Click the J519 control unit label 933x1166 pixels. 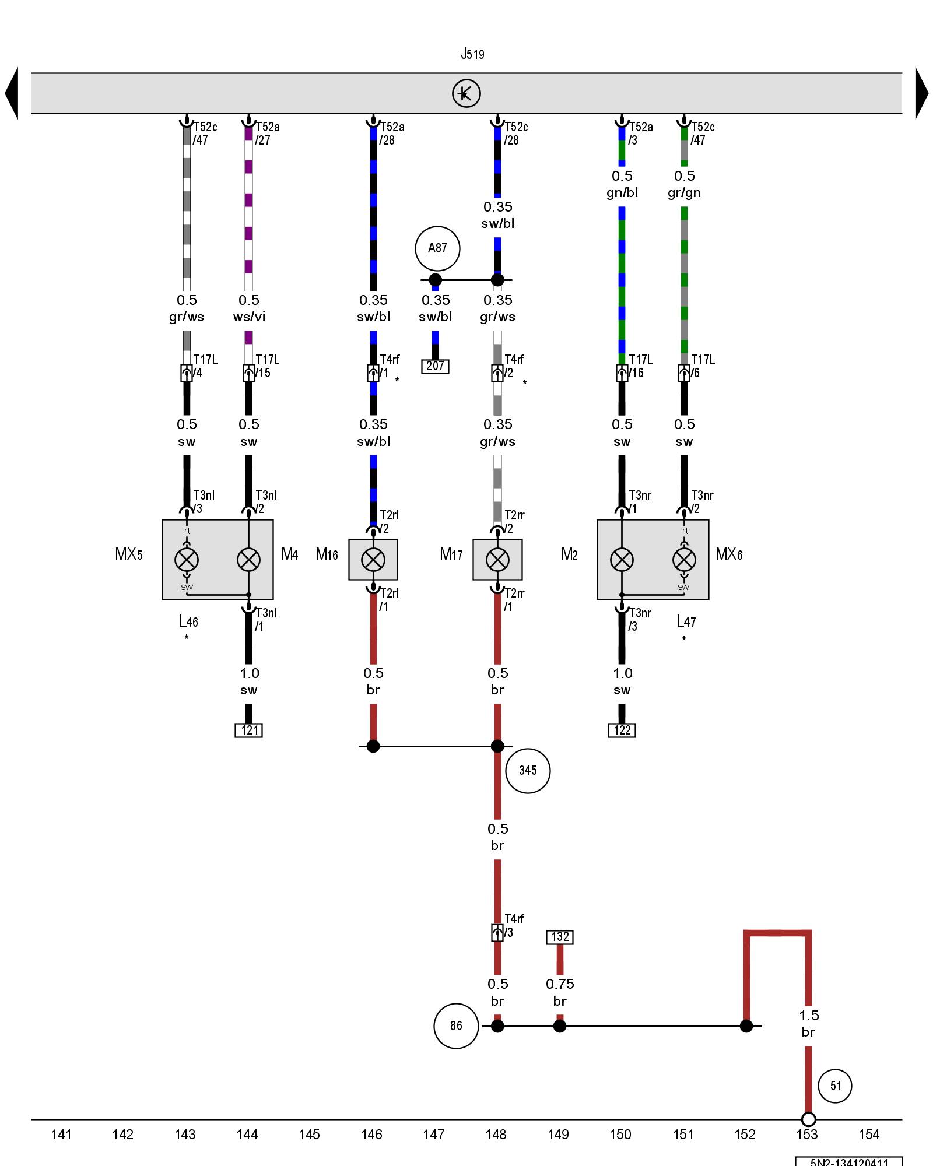(x=472, y=54)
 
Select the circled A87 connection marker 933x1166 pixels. (x=437, y=248)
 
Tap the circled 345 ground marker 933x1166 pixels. (x=528, y=771)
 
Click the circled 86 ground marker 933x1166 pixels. (x=456, y=1025)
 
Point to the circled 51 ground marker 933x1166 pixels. (x=835, y=1086)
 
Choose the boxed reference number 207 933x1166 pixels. (x=436, y=366)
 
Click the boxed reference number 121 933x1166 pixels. (x=249, y=730)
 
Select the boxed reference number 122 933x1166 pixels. (x=622, y=730)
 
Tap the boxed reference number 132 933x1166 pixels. (x=560, y=937)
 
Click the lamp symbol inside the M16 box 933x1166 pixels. (x=373, y=560)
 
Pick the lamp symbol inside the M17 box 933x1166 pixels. (x=497, y=560)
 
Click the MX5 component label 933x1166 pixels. (x=129, y=554)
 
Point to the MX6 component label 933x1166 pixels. (x=729, y=554)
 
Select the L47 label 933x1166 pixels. (x=686, y=621)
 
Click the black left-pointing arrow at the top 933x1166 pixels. (x=12, y=93)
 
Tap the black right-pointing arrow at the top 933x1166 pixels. (x=921, y=93)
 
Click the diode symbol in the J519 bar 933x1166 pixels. (x=466, y=93)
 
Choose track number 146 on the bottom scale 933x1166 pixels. (x=371, y=1134)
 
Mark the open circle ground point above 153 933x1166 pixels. (x=808, y=1119)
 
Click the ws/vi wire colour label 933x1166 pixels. (x=249, y=317)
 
